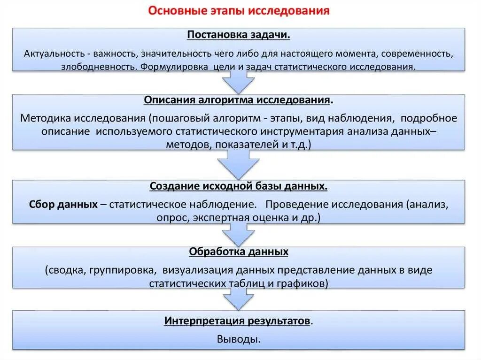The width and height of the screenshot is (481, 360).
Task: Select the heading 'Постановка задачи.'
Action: (239, 36)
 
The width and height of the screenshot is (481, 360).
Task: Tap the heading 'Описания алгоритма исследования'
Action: (238, 100)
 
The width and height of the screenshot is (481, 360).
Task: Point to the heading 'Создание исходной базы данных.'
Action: (239, 186)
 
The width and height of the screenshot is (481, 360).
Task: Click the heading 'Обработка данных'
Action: (239, 252)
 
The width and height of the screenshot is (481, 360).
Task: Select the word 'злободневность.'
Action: (99, 66)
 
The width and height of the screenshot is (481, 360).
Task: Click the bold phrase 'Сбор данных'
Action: (63, 205)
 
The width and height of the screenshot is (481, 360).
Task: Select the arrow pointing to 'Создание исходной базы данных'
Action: (239, 165)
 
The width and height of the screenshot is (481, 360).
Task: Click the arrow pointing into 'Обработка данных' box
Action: (239, 232)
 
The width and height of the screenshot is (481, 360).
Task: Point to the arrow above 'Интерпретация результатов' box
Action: (239, 297)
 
